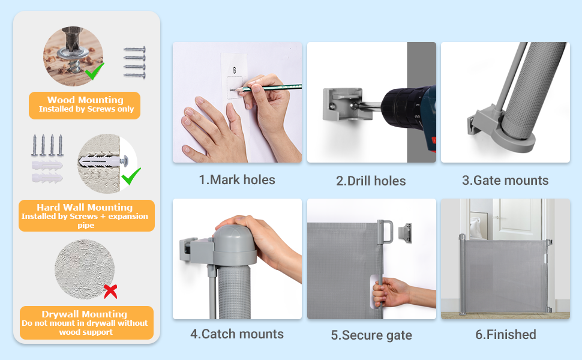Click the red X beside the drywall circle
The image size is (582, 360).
tap(110, 292)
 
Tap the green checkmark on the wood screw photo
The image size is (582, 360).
tap(94, 71)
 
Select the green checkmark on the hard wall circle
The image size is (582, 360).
tap(131, 176)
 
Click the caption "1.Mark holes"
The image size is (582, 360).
tap(237, 180)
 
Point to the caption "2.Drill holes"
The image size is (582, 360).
tap(371, 181)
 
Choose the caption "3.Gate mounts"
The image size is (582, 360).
tap(505, 181)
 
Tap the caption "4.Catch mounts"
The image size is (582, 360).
tap(237, 334)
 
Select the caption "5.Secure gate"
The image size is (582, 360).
tap(371, 335)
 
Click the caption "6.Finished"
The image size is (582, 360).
tap(506, 334)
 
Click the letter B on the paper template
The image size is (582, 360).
tap(234, 70)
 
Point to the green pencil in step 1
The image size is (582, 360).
tap(266, 88)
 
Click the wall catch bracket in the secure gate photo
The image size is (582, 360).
tap(404, 233)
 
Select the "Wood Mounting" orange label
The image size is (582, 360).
tap(85, 106)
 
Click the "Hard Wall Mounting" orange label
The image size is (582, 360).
tap(86, 215)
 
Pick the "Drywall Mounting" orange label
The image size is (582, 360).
tap(86, 323)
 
